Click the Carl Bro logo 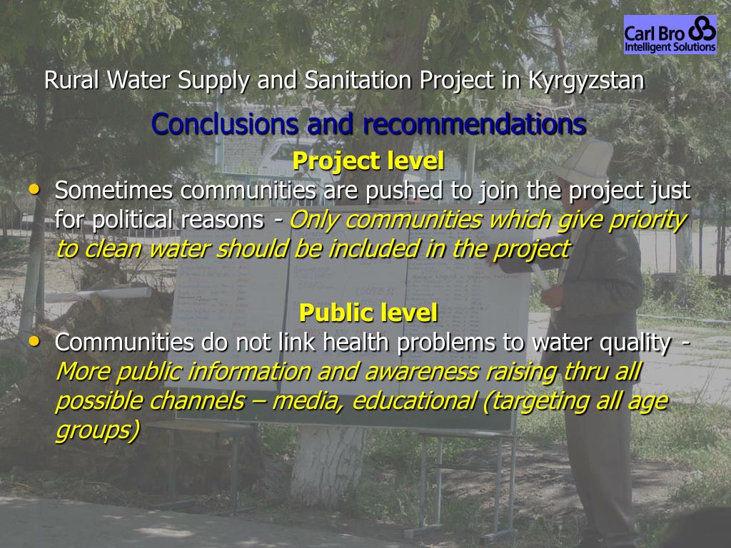click(670, 35)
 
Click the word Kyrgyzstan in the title click(586, 80)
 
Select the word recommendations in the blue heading click(474, 124)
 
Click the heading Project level click(368, 161)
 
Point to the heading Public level click(368, 312)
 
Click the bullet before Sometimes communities click(34, 189)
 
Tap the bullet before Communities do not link click(34, 341)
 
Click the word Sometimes click(114, 191)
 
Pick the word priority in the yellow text click(647, 220)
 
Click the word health click(357, 342)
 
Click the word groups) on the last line click(97, 431)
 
